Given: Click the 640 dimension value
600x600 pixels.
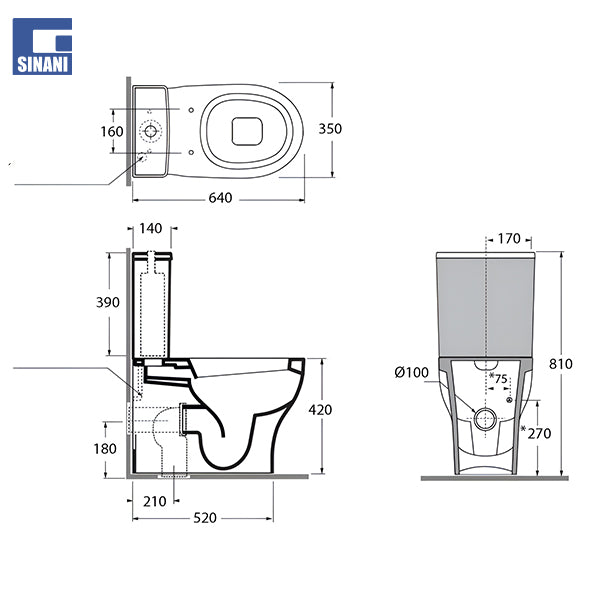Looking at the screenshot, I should pos(220,197).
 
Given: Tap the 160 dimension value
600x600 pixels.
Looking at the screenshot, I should pos(112,131).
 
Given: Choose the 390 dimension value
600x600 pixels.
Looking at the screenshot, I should pos(109,302).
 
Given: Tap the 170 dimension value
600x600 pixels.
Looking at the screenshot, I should pos(509,239).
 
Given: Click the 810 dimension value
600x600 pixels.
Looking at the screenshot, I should pos(560,364).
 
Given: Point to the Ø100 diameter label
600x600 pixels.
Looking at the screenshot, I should pos(411,373).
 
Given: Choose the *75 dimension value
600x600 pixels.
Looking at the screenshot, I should pos(499,378).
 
